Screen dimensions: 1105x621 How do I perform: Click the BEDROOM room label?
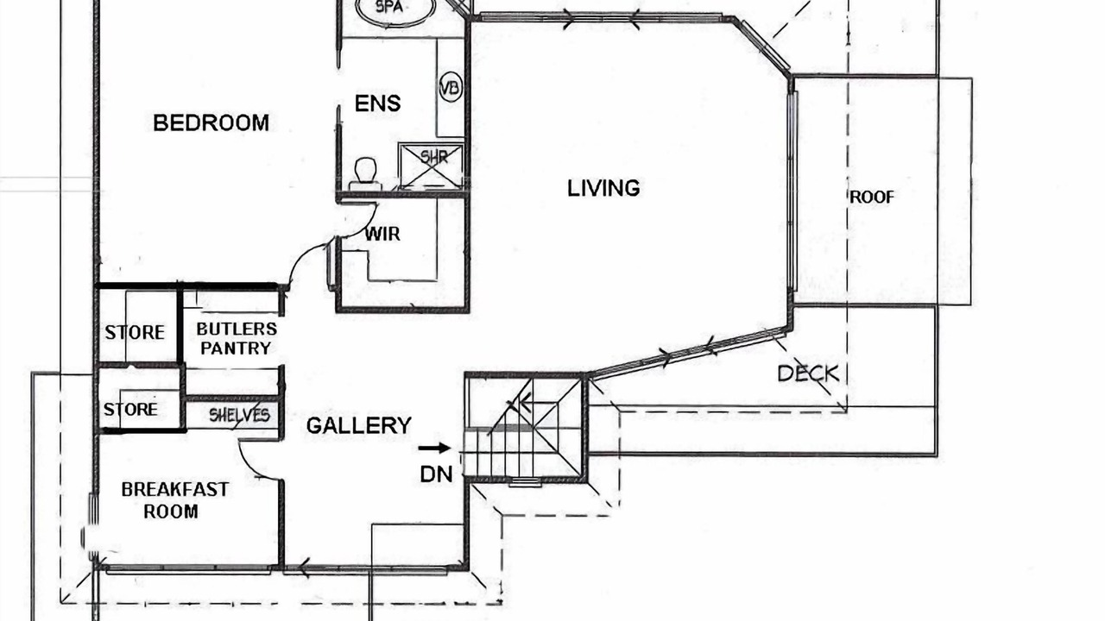pos(212,122)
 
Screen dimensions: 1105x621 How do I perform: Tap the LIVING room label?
pos(603,188)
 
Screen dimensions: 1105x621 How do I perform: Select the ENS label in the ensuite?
pos(377,103)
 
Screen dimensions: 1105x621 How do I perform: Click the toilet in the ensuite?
pos(365,173)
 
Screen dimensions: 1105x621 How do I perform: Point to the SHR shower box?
pos(431,166)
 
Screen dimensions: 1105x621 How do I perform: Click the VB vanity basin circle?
pos(450,88)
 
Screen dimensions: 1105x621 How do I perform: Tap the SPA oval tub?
pos(396,9)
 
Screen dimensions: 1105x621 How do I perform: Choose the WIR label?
pos(382,234)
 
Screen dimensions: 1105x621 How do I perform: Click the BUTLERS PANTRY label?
pos(237,339)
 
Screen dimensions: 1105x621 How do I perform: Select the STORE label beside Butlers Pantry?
pos(135,333)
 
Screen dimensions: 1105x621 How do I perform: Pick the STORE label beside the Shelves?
pos(130,410)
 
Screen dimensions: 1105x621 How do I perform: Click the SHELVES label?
pos(239,416)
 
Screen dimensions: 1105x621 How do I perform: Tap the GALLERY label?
pos(358,426)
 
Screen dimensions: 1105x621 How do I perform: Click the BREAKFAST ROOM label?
pos(174,500)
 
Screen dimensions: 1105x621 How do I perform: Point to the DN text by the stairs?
pos(436,474)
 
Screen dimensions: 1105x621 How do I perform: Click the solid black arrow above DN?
pos(434,448)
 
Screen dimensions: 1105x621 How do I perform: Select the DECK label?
pos(808,373)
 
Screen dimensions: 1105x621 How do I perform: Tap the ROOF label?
pos(872,198)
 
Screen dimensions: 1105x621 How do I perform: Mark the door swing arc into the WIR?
pos(363,227)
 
